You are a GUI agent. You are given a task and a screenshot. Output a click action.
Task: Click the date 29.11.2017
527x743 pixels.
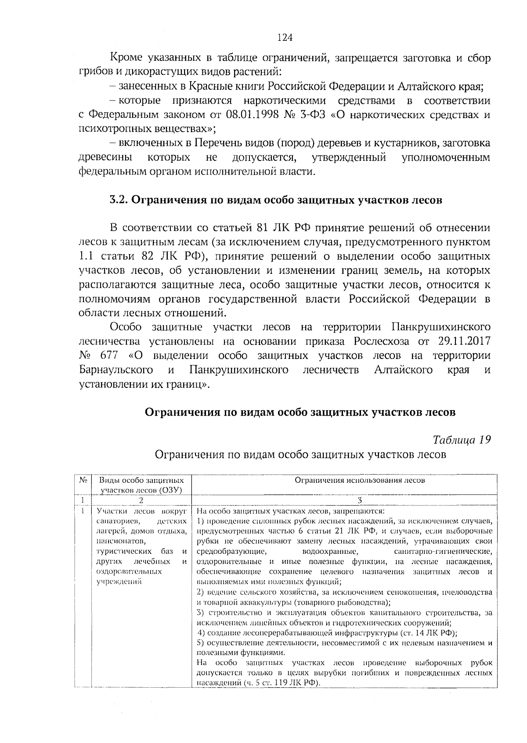[x=464, y=341]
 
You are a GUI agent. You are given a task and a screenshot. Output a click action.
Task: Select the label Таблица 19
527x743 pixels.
[x=461, y=440]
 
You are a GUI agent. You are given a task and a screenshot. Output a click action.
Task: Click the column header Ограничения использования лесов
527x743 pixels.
[x=359, y=480]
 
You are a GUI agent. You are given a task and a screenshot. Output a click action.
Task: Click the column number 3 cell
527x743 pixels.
[x=359, y=500]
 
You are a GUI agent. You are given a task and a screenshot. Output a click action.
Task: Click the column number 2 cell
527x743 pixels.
[x=141, y=500]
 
